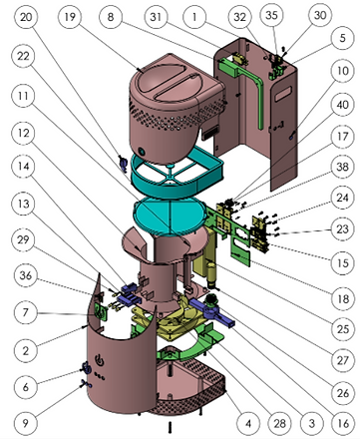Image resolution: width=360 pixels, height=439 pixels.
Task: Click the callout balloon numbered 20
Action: (x=26, y=17)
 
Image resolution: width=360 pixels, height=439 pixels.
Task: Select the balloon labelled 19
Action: (x=70, y=17)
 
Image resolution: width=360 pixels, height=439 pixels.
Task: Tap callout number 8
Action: (x=111, y=17)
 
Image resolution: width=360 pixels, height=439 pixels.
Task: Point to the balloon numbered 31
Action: (x=156, y=17)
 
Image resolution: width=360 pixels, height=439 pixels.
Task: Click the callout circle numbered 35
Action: (x=272, y=15)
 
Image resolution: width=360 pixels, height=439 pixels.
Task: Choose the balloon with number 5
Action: (x=342, y=38)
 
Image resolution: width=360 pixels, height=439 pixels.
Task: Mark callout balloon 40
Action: (x=342, y=105)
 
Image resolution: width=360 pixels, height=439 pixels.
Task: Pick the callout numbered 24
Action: (x=342, y=198)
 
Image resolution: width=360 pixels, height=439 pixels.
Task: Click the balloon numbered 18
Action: (x=343, y=299)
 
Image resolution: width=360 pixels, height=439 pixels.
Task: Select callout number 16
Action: (x=343, y=423)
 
